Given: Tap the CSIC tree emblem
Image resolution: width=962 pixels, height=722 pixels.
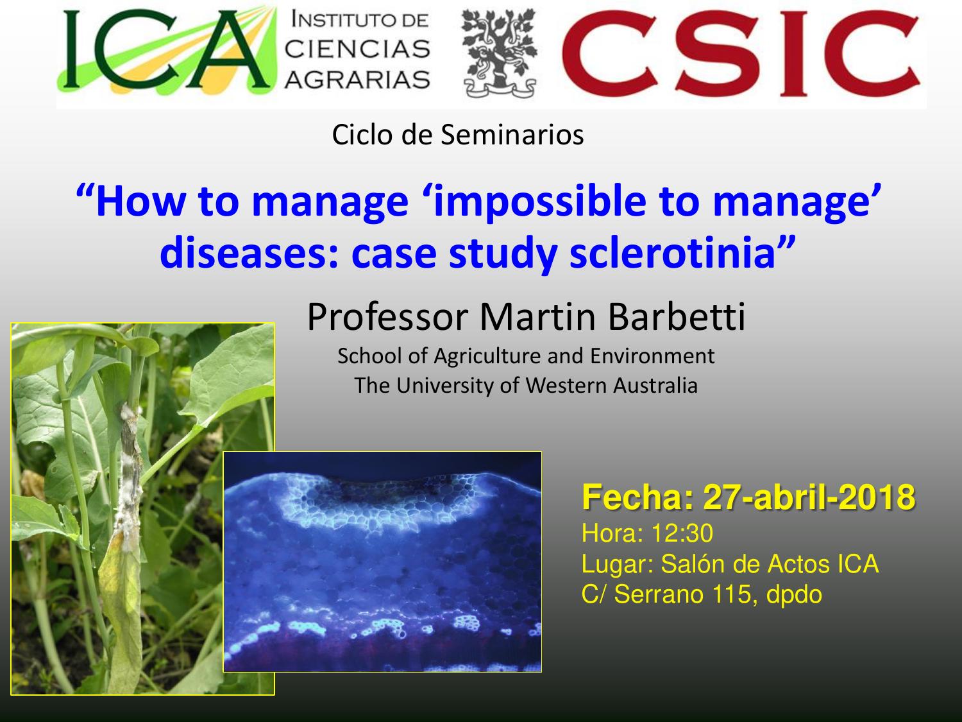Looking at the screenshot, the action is pyautogui.click(x=499, y=53).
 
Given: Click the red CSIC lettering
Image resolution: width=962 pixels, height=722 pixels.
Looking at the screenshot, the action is pyautogui.click(x=740, y=53).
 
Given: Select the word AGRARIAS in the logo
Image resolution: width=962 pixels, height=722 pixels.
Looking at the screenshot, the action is pyautogui.click(x=357, y=80).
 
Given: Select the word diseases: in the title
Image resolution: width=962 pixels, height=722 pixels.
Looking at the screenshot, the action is pyautogui.click(x=249, y=253).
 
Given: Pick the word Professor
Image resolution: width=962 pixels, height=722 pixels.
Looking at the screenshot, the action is pyautogui.click(x=388, y=316).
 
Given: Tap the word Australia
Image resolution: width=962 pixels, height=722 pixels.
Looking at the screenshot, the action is pyautogui.click(x=655, y=386).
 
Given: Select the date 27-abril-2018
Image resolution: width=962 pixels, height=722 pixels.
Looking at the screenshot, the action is pyautogui.click(x=809, y=497).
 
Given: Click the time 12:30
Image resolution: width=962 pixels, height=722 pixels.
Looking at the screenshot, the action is pyautogui.click(x=682, y=533).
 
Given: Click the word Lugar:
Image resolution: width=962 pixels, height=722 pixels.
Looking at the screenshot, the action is pyautogui.click(x=617, y=565).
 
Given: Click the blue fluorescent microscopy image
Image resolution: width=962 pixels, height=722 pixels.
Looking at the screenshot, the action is pyautogui.click(x=382, y=561).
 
